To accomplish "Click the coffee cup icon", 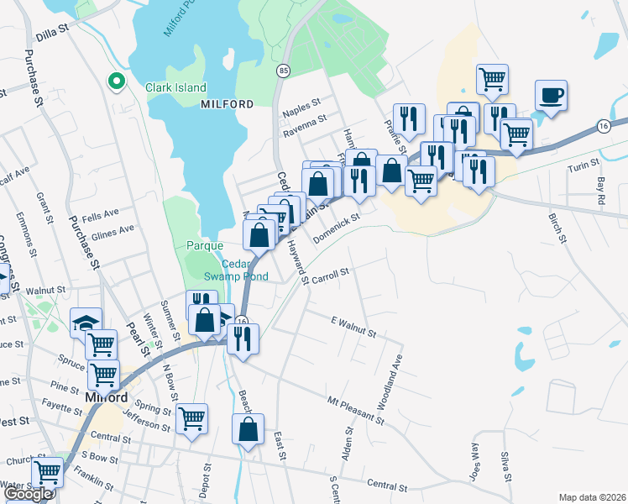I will click(551, 95).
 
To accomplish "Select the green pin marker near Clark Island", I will click(117, 81).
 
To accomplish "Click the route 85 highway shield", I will click(283, 71).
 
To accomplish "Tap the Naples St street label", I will click(303, 107).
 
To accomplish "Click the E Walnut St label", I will click(353, 326).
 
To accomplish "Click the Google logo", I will click(28, 494).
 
